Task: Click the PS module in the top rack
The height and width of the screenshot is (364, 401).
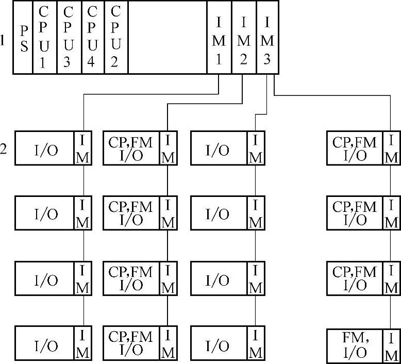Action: point(23,38)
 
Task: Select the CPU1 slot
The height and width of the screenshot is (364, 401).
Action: point(44,38)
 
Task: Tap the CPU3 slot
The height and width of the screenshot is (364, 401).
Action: point(69,38)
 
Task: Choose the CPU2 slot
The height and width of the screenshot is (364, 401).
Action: point(116,38)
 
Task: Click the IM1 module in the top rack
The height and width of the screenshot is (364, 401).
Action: point(219,38)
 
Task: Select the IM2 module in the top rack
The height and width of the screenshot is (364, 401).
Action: point(244,38)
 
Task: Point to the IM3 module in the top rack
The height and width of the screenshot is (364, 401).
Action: point(267,38)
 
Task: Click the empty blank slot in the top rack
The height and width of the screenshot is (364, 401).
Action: point(168,38)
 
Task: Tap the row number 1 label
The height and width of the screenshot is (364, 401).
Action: point(4,40)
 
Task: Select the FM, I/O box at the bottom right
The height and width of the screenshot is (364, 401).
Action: point(355,345)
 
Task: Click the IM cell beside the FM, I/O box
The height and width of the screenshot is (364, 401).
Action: point(392,345)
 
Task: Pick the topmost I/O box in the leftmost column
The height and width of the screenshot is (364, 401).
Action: point(45,149)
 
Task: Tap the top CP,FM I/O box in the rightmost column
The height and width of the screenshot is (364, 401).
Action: point(355,149)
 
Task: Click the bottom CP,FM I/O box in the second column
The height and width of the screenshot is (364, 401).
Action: point(131,343)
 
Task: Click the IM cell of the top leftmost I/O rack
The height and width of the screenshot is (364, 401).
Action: point(83,149)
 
